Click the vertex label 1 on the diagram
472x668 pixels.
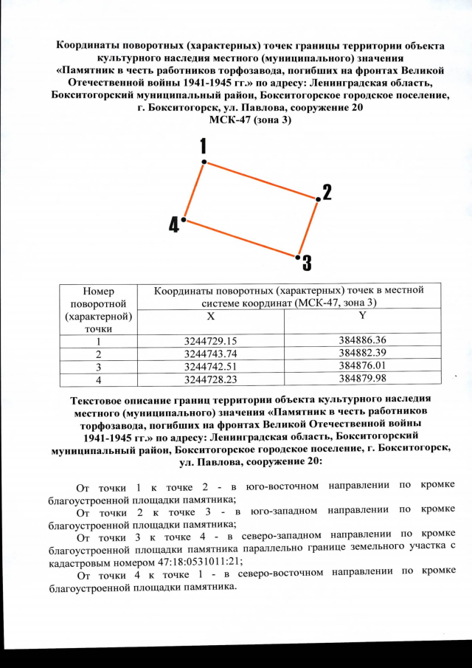coord(203,145)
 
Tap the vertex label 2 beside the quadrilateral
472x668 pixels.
coord(326,193)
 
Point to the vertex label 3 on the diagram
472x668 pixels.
coord(306,263)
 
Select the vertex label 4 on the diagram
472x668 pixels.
coord(173,224)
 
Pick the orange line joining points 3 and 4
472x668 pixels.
coord(240,238)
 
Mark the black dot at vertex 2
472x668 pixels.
coord(317,199)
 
